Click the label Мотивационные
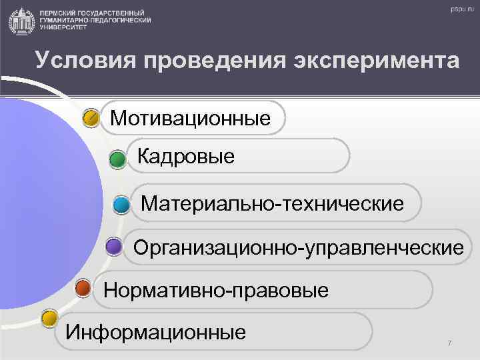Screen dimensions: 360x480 point(191,119)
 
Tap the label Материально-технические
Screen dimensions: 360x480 point(272,203)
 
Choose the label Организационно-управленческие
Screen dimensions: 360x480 point(298,248)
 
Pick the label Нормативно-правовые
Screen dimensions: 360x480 point(216,291)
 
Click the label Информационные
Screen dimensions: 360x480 point(155,331)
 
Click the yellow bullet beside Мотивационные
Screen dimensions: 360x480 point(91,119)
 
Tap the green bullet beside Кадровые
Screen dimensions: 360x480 point(117,159)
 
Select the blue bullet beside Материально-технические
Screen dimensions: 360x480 point(121,204)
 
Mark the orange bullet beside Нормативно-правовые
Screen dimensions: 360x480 point(83,289)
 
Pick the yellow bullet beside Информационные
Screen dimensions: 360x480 point(49,319)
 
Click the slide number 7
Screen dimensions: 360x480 point(449,343)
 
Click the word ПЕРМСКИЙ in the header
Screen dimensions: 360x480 point(59,13)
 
